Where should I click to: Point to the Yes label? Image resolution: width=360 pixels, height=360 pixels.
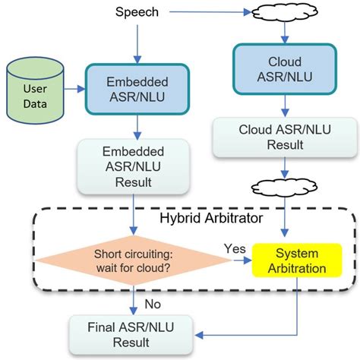coord(235,248)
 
